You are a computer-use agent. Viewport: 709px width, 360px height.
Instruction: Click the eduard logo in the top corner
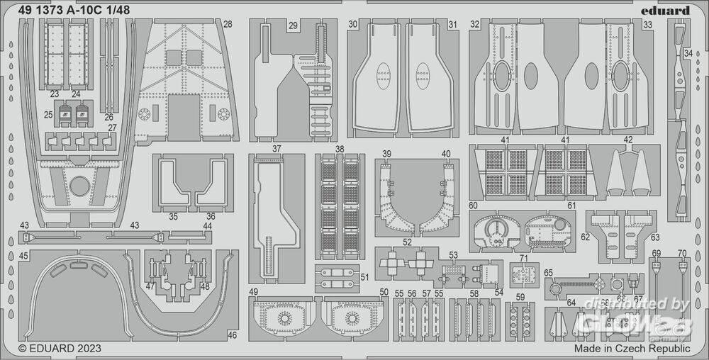(x=669, y=10)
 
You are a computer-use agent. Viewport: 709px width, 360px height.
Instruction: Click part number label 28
(x=227, y=24)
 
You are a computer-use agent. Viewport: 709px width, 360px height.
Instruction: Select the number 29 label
(x=293, y=25)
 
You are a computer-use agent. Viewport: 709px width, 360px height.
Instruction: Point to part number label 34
(x=688, y=53)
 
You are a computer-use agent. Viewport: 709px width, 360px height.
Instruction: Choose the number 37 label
(x=277, y=150)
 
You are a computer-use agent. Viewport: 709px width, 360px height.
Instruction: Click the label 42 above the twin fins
(x=628, y=140)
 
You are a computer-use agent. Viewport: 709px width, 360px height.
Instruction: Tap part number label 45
(x=24, y=256)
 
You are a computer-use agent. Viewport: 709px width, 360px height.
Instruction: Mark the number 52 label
(x=407, y=242)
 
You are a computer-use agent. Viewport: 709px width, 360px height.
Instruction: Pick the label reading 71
(x=524, y=257)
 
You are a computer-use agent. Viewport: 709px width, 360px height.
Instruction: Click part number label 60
(x=473, y=205)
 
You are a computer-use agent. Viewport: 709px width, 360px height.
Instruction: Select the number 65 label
(x=548, y=273)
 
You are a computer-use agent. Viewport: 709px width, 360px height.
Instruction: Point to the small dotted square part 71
(x=525, y=274)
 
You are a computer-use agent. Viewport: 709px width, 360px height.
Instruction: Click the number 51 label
(x=364, y=277)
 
